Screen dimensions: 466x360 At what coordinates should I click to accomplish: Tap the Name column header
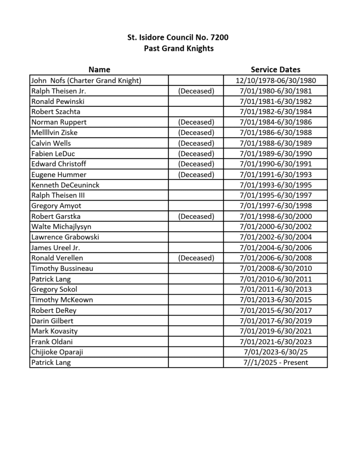[x=99, y=70]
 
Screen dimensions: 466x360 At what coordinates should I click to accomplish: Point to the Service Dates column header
[x=275, y=70]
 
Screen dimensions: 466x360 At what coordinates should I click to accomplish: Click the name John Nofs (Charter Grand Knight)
[x=86, y=81]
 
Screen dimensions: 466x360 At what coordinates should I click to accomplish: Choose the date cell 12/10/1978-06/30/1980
[x=275, y=81]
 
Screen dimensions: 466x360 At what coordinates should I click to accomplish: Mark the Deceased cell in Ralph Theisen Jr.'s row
[x=196, y=91]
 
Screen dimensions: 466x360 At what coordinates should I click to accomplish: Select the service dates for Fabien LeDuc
[x=275, y=154]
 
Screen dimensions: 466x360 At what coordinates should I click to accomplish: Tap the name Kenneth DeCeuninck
[x=65, y=185]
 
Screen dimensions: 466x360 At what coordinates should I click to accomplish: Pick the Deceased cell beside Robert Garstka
[x=196, y=217]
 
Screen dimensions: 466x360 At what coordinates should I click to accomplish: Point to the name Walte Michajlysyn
[x=61, y=227]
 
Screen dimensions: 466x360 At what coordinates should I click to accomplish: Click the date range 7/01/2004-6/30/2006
[x=275, y=248]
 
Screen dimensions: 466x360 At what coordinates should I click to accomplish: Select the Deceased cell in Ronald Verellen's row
[x=196, y=258]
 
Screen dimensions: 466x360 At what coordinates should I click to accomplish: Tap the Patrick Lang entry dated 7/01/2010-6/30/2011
[x=51, y=279]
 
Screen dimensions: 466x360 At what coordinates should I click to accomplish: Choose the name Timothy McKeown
[x=62, y=300]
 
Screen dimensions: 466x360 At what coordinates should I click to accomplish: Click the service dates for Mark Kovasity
[x=275, y=331]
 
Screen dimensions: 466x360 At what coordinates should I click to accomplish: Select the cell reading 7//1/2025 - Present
[x=275, y=362]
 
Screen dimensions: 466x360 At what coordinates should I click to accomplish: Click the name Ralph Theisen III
[x=58, y=195]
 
